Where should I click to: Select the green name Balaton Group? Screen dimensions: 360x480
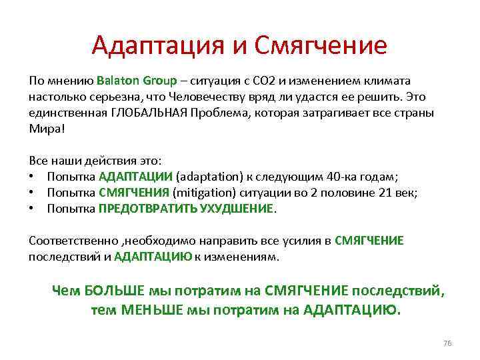pos(137,81)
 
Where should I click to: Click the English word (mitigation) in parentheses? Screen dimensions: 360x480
pos(205,193)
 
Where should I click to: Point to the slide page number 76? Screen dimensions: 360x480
pos(447,343)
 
